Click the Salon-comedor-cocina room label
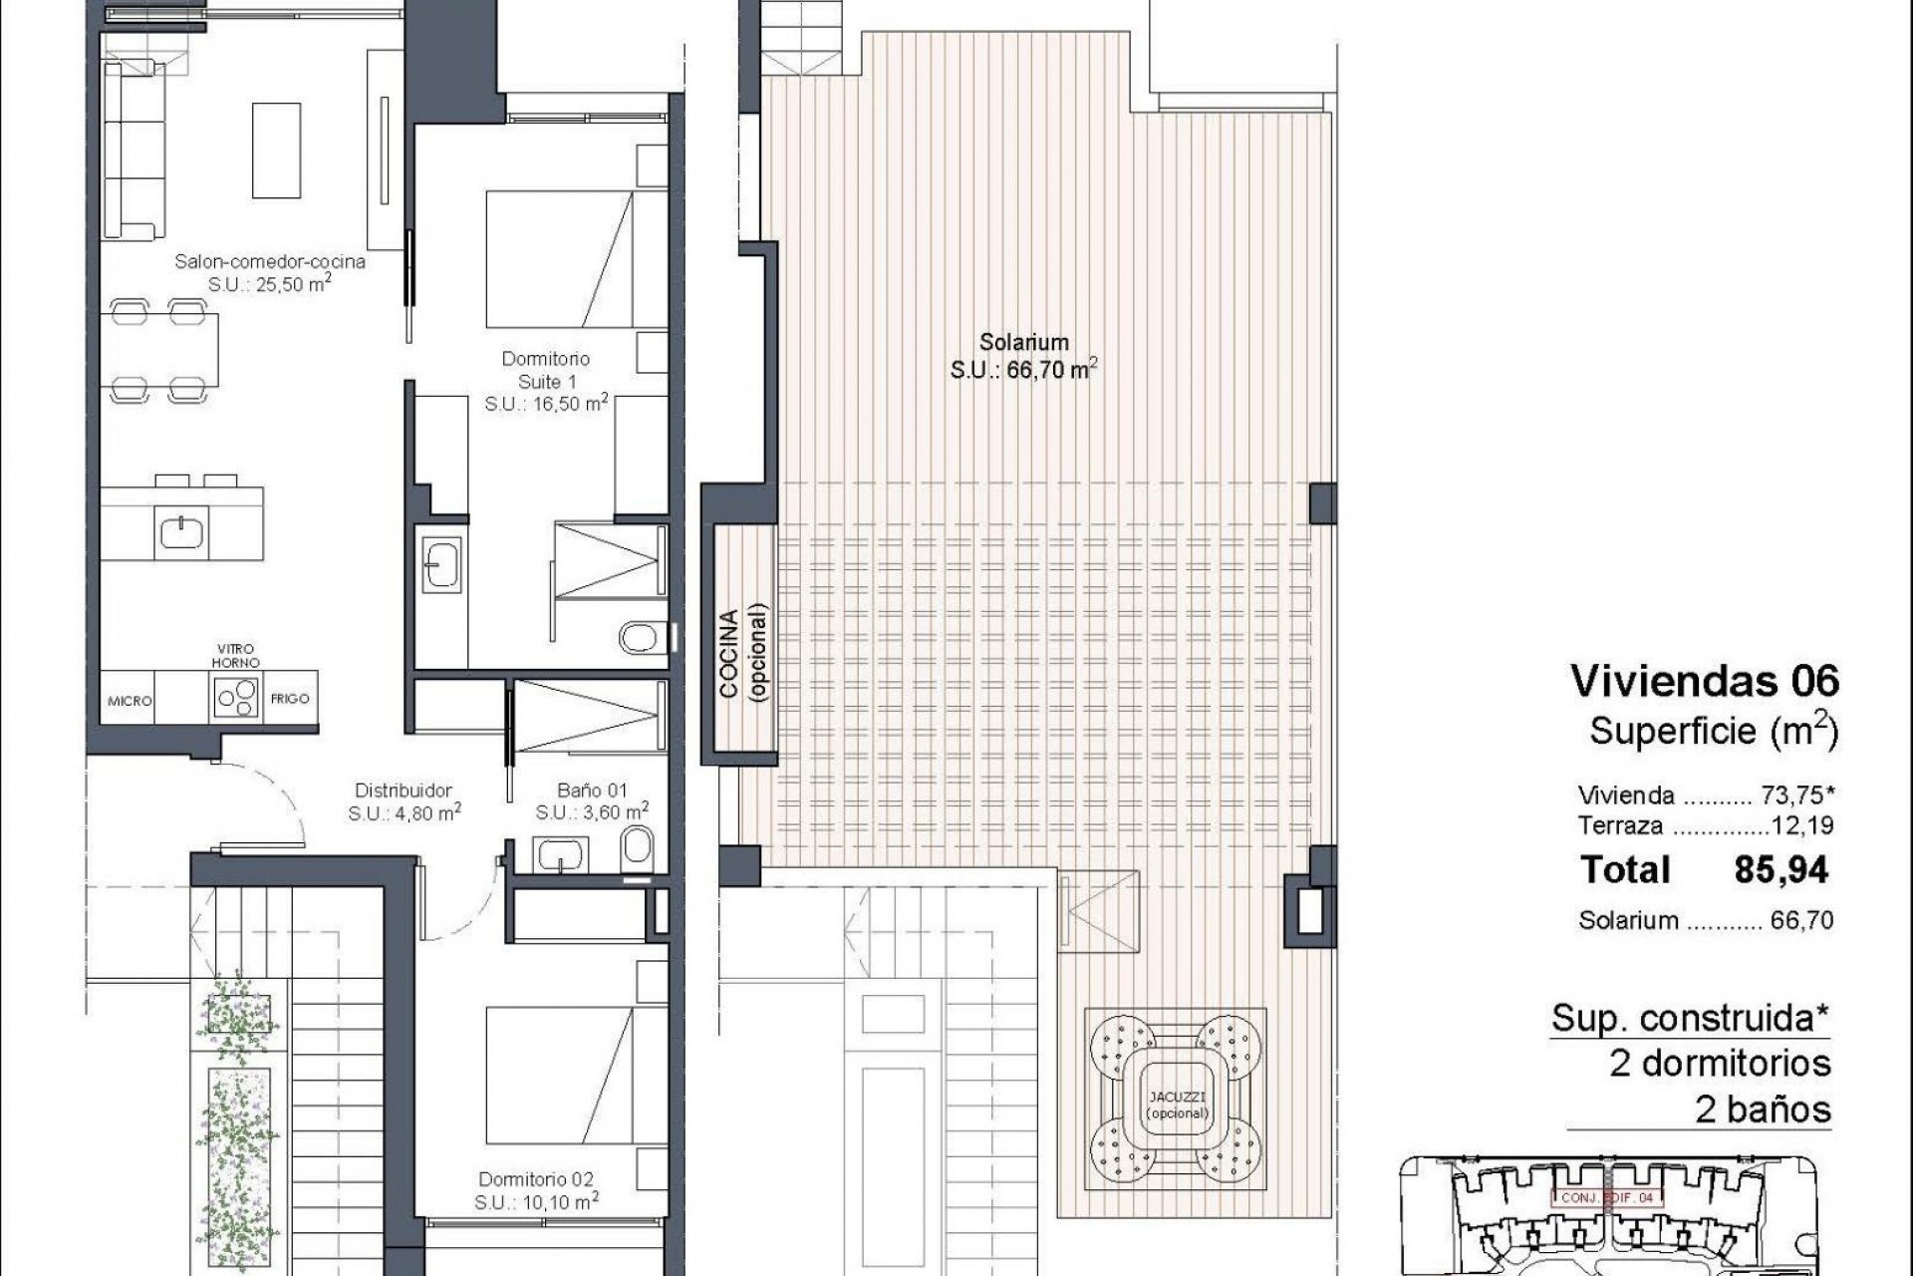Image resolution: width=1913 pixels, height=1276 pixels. pos(270,262)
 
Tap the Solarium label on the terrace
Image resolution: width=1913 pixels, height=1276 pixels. pos(1009,343)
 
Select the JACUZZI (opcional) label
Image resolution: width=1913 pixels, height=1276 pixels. pos(1177,1105)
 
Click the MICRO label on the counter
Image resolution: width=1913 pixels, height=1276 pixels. pos(130,701)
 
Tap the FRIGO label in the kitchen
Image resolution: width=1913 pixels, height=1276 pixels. pos(290,699)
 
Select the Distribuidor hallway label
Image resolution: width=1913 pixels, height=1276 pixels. pos(404,791)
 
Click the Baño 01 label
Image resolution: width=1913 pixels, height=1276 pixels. pos(592,791)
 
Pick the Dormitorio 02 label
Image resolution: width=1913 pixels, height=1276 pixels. pos(537,1180)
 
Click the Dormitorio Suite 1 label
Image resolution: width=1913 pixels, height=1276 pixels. pos(546,370)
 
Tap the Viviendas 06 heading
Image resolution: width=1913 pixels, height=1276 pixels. pos(1705,682)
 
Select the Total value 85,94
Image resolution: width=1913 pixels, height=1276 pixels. pos(1781,870)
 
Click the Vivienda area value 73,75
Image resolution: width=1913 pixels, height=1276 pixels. pos(1788,796)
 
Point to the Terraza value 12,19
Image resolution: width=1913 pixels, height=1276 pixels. pos(1802,825)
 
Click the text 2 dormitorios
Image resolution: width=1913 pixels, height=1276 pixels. pos(1721,1064)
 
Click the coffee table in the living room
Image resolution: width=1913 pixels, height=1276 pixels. pos(276,150)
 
